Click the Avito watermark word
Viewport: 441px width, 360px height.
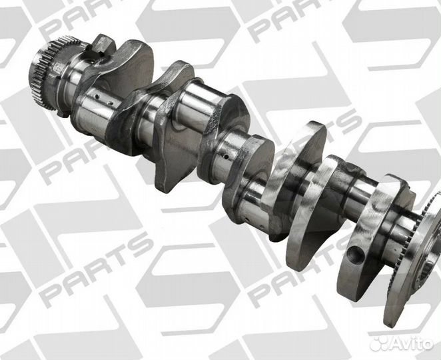pos(412,343)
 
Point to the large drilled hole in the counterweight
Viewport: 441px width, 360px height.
pos(356,253)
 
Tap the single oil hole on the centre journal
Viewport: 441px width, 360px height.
pos(226,155)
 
